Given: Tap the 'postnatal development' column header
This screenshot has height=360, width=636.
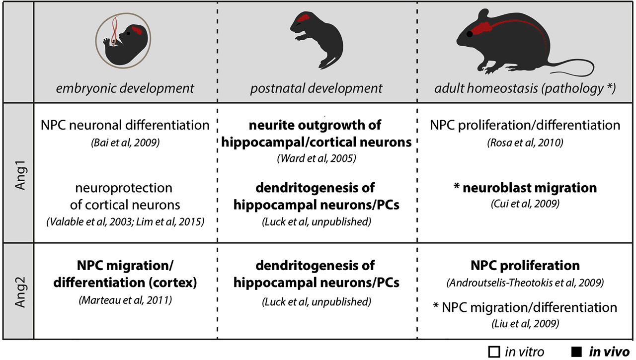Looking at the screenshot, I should pos(317,88).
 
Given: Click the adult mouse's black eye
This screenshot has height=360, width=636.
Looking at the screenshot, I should pos(470,34).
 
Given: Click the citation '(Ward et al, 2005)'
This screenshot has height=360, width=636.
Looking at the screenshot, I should pos(317,158).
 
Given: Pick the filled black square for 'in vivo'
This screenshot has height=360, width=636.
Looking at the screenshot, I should pos(576,352).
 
